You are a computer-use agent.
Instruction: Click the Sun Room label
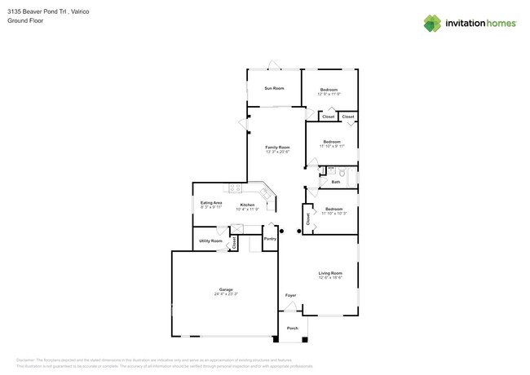(x=274, y=88)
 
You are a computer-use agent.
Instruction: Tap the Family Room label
(x=277, y=148)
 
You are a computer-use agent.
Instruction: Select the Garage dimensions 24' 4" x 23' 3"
(x=226, y=293)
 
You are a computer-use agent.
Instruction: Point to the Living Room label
(x=330, y=273)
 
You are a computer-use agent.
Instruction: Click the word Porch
(x=292, y=329)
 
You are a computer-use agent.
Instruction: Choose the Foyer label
(x=290, y=295)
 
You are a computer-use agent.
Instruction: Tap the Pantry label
(x=270, y=239)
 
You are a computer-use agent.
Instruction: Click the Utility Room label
(x=211, y=241)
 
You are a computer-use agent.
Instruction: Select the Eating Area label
(x=211, y=202)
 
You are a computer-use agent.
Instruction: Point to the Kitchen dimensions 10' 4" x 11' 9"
(x=247, y=210)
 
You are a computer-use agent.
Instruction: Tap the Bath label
(x=335, y=182)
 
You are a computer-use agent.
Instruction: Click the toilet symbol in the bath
(x=343, y=173)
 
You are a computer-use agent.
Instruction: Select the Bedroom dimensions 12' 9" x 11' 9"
(x=329, y=94)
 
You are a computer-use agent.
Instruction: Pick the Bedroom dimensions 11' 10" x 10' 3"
(x=333, y=214)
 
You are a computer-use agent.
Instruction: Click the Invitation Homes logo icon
(x=432, y=24)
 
